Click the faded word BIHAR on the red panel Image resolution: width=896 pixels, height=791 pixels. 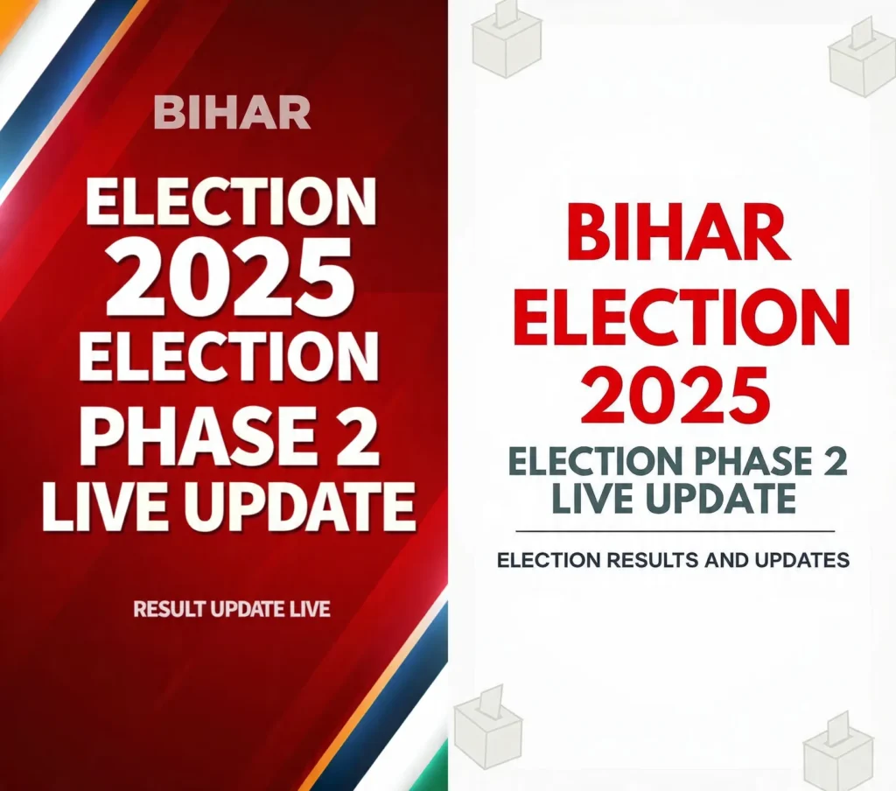[232, 114]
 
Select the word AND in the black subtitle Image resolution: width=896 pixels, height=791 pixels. [725, 560]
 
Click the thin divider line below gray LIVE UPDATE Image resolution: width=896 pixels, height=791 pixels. [675, 531]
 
